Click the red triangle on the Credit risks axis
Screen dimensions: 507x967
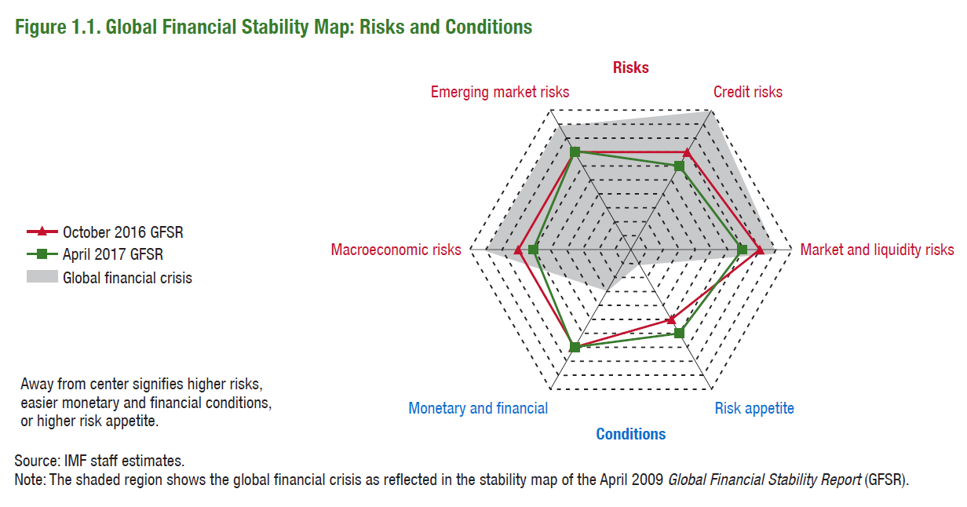pos(687,153)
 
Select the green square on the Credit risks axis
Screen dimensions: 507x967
pos(680,166)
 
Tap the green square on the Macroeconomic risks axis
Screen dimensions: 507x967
pos(533,250)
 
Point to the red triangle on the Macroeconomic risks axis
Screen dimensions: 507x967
pos(519,250)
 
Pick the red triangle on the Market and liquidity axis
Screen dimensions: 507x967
pos(759,250)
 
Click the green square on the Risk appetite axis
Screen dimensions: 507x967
pos(680,334)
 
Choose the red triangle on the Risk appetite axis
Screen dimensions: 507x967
pos(671,319)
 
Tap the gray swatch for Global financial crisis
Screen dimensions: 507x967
pos(42,277)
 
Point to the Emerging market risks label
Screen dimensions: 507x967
pos(500,93)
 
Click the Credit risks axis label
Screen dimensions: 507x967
pos(747,93)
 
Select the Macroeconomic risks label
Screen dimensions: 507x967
pos(396,250)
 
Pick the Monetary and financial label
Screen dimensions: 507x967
pos(478,408)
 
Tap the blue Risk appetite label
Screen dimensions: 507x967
pos(754,408)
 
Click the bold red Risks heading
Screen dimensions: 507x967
pos(631,67)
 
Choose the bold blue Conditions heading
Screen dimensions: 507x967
pos(630,434)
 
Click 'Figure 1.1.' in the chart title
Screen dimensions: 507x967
pos(57,27)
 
